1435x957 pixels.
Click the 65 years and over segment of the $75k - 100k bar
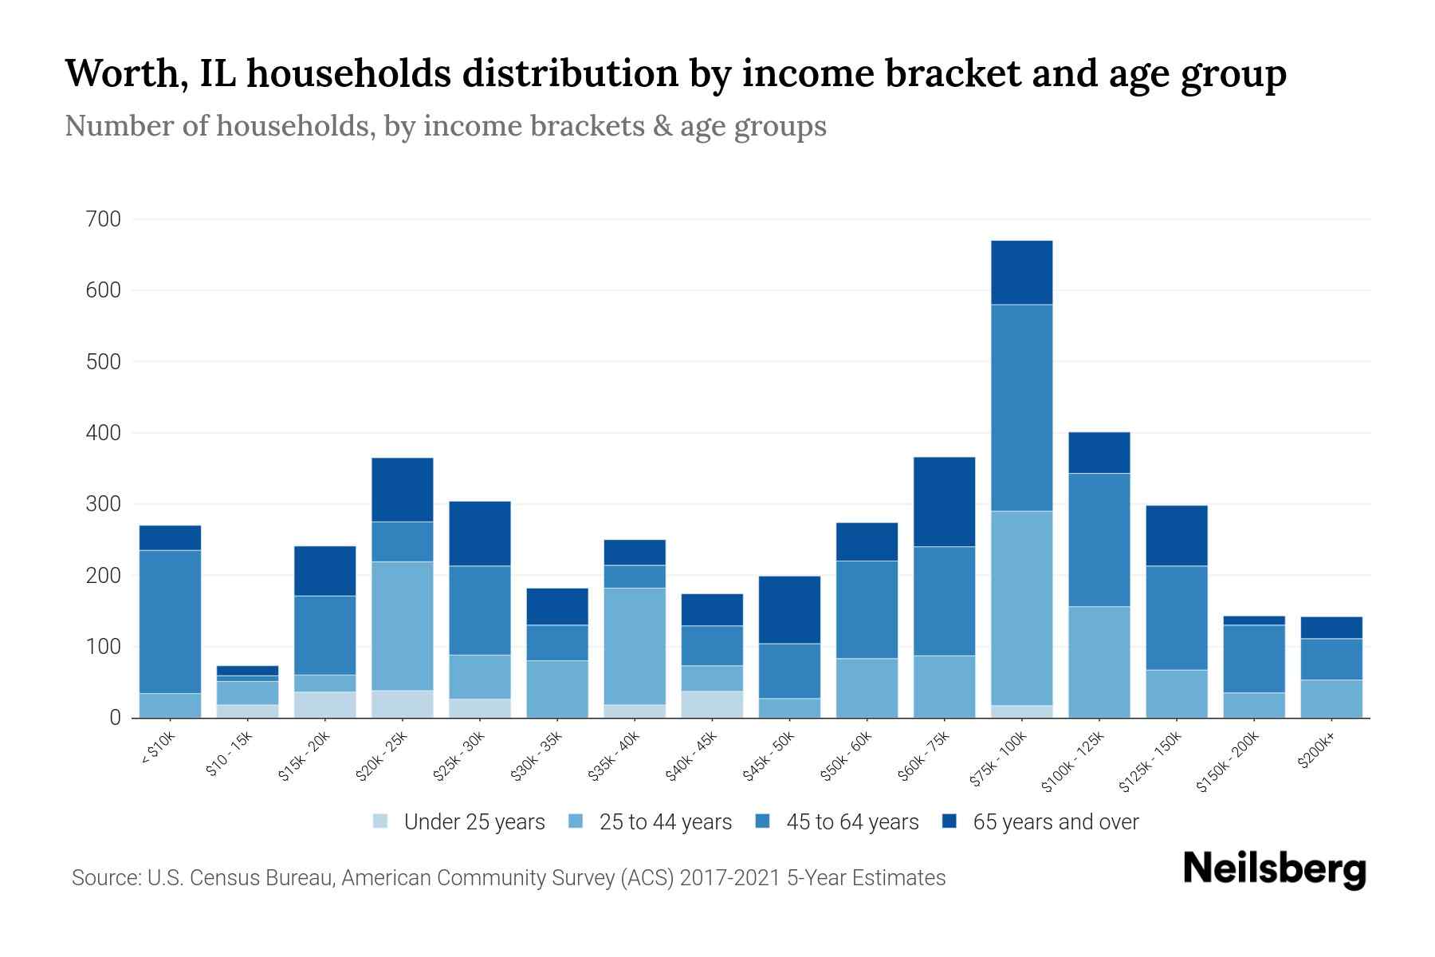(x=1021, y=272)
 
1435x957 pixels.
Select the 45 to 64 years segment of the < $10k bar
(x=170, y=621)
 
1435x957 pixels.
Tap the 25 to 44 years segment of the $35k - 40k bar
(x=635, y=646)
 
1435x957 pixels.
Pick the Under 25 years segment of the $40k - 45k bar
(x=712, y=704)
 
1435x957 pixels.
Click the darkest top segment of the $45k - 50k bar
(x=789, y=609)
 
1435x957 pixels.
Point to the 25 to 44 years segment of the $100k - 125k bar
(x=1099, y=662)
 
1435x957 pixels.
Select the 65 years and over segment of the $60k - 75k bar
(x=944, y=502)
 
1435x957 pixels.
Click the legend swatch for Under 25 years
(x=381, y=821)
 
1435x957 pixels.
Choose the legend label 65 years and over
(x=1056, y=821)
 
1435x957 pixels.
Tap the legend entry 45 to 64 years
(x=852, y=821)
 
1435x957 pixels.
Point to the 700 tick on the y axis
(x=103, y=219)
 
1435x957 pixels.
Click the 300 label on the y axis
(x=103, y=504)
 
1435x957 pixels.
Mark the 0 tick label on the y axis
(x=115, y=718)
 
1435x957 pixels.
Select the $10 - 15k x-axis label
(x=230, y=755)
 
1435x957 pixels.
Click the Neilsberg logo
(x=1274, y=869)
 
